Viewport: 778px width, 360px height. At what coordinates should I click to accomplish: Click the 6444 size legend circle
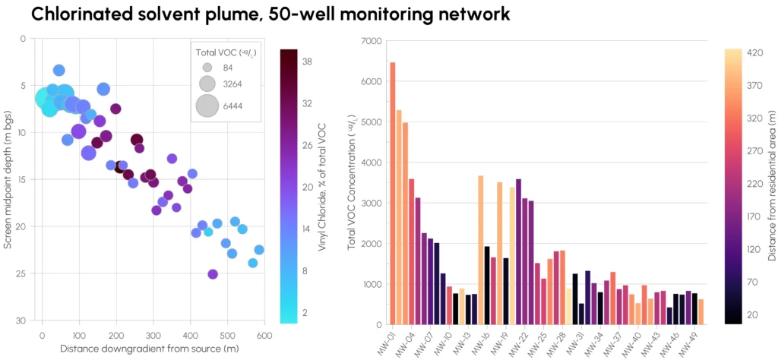[x=207, y=105]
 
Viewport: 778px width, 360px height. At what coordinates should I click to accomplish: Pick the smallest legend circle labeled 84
[x=207, y=68]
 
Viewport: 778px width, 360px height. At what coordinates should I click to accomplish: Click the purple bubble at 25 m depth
[x=213, y=274]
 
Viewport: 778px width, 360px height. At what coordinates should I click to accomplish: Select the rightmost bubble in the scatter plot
[x=259, y=250]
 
